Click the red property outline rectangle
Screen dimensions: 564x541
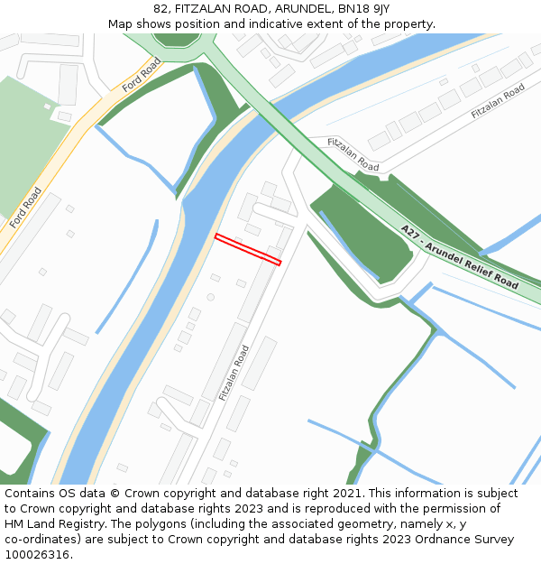click(x=248, y=249)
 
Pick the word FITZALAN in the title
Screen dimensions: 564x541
click(x=205, y=9)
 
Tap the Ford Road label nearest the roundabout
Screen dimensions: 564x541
click(x=142, y=75)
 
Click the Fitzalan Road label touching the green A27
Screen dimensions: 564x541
click(x=353, y=154)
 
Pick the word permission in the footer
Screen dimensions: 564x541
click(x=420, y=509)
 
